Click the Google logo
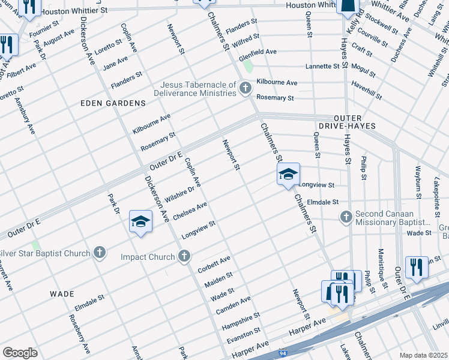click(x=20, y=353)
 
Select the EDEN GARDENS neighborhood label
click(x=113, y=103)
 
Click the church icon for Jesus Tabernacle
click(x=244, y=89)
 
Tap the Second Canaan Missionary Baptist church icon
click(x=345, y=216)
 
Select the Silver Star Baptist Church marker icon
click(x=100, y=253)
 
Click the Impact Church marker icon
click(x=184, y=257)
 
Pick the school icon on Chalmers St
click(x=288, y=174)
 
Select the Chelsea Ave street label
click(x=189, y=211)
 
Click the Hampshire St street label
click(x=240, y=320)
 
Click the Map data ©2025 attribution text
click(x=424, y=355)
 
